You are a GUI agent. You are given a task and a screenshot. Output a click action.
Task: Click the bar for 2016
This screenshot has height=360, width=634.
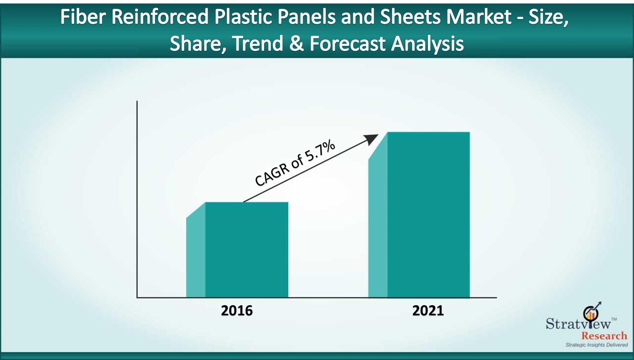[x=237, y=250]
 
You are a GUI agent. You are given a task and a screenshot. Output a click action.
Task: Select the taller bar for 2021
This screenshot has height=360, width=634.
[x=419, y=215]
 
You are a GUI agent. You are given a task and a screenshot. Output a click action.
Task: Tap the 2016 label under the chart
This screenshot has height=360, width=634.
[x=237, y=311]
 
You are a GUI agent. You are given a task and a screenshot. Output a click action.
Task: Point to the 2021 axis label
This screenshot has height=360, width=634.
[x=428, y=311]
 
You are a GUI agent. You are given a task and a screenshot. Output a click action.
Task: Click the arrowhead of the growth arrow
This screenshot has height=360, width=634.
[x=372, y=139]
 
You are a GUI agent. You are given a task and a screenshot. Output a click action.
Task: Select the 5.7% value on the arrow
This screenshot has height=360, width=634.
[x=320, y=151]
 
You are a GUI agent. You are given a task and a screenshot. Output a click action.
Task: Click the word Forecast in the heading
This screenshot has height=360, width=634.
[x=347, y=43]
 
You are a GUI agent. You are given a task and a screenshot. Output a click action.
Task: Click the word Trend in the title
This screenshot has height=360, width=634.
[x=258, y=43]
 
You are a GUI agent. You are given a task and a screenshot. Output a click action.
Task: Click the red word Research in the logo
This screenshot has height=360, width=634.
[x=604, y=336]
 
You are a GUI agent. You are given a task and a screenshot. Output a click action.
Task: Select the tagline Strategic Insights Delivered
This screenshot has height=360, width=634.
[x=597, y=345]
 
